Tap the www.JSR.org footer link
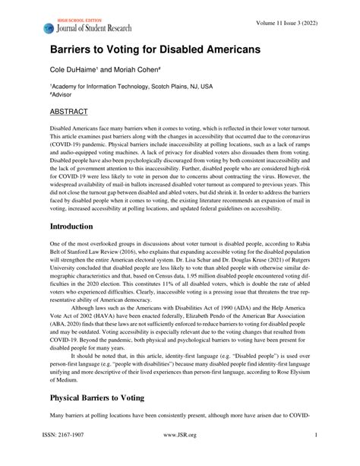pos(180,456)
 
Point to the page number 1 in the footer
pos(314,456)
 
